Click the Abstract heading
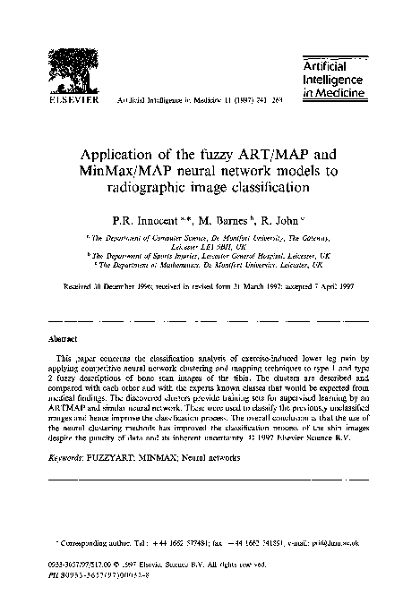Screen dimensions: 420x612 (62, 340)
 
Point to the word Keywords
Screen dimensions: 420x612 (69, 457)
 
